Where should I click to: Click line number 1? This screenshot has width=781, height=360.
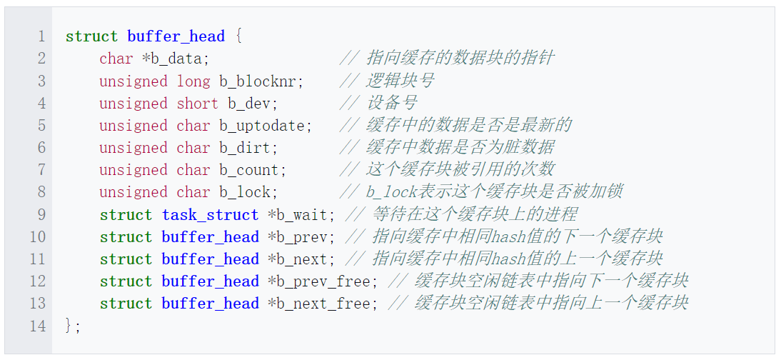coord(41,36)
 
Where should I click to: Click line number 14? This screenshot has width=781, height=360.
coord(37,326)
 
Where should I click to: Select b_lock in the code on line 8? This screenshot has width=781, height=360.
coord(244,192)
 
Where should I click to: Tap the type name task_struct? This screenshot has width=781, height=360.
coord(210,215)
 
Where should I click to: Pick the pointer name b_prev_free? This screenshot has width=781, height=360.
coord(322,281)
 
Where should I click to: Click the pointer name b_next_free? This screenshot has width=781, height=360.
coord(322,304)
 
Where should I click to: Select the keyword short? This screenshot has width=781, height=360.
coord(198,103)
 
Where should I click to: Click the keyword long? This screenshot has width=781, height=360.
coord(193,81)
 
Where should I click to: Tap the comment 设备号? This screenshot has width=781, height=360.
coord(391,103)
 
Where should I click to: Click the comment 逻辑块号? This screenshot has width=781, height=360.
coord(400,81)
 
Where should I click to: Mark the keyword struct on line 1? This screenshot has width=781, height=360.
coord(91,36)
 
